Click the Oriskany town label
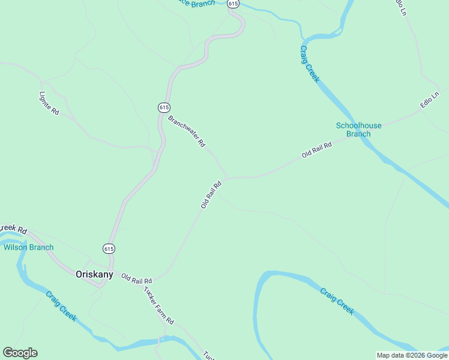tap(94, 274)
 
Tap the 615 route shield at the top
tap(234, 4)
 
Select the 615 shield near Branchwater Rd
tap(164, 107)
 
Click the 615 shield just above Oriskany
tap(109, 248)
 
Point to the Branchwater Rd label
tap(187, 131)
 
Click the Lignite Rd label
tap(49, 103)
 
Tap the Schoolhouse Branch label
tap(358, 130)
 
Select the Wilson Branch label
tap(28, 247)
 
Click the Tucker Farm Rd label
tap(158, 305)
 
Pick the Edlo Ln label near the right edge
tap(430, 100)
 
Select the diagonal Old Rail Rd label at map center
tap(211, 195)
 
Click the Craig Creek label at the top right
tap(310, 64)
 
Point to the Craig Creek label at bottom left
tap(61, 306)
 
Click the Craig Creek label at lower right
tap(337, 301)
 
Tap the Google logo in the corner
tap(20, 353)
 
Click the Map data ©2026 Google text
tap(412, 355)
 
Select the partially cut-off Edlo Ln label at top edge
tap(400, 7)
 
